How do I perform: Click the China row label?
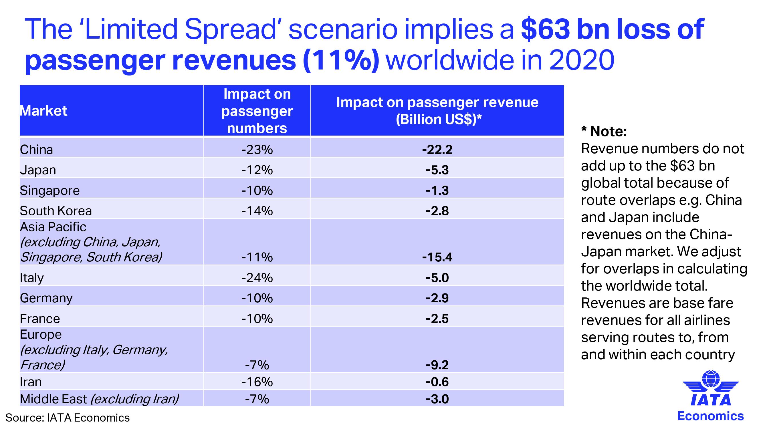(36, 150)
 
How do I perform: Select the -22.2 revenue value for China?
(437, 150)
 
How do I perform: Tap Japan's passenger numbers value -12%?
(257, 170)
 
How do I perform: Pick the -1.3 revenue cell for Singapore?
(437, 190)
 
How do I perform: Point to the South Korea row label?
(56, 211)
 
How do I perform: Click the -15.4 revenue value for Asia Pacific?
(437, 257)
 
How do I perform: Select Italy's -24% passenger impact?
(257, 278)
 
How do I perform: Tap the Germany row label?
(46, 298)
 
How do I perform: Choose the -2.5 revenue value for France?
(437, 319)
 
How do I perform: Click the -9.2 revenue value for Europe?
(437, 365)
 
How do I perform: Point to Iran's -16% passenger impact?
(257, 382)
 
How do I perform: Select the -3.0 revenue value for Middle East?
(437, 399)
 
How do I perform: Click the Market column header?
(43, 111)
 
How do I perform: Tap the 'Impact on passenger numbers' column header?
(257, 111)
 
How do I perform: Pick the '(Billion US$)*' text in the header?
(439, 119)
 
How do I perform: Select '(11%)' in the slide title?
(341, 60)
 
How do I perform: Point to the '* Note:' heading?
(604, 131)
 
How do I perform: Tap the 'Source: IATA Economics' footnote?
(68, 418)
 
